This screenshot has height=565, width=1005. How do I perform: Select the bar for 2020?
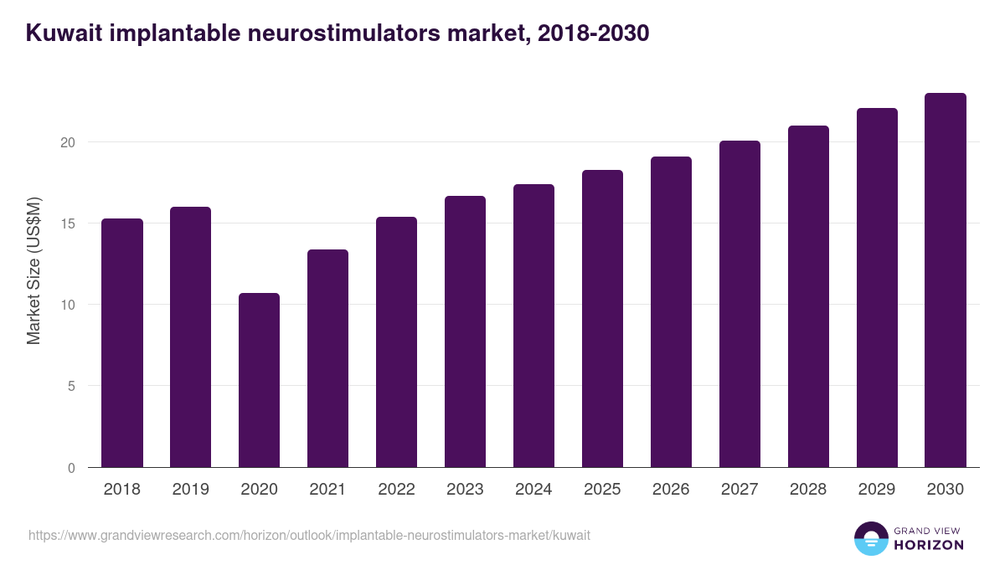coord(259,380)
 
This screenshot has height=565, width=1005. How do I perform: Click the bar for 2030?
coord(946,280)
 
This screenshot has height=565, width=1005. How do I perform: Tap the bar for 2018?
coord(122,343)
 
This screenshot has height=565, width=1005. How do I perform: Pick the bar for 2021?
coord(327,358)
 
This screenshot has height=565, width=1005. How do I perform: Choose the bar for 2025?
coord(602,319)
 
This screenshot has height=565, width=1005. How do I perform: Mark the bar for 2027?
coord(740,304)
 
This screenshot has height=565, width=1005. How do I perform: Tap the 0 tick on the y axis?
coord(71,468)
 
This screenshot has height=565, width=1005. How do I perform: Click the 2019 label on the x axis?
coord(191,490)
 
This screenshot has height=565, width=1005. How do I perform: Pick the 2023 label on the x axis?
coord(465,490)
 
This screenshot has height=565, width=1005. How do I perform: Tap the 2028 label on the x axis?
coord(808,490)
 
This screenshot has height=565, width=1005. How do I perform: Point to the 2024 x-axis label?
coord(533,490)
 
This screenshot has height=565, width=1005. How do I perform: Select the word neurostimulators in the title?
coord(338,33)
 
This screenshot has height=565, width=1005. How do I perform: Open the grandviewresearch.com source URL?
coord(309,535)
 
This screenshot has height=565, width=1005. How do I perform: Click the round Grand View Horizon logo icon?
coord(870,538)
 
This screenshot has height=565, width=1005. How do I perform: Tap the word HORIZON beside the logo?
coord(928,545)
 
